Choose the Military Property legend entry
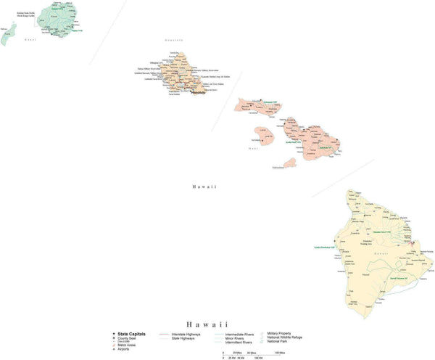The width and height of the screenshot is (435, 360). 283,332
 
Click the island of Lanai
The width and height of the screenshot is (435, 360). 265,134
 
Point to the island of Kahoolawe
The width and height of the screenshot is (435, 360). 289,163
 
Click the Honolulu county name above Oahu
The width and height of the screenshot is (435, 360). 175,41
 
